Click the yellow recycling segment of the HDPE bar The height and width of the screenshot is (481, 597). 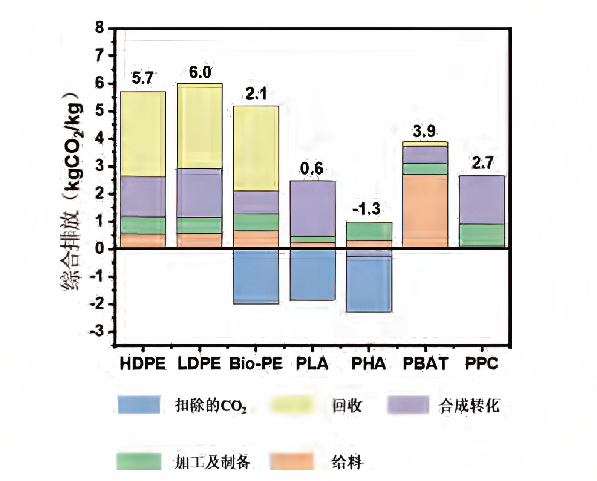coord(143,134)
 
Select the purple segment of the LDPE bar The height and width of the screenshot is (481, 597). coord(199,193)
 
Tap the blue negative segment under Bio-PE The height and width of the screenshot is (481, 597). coord(256,276)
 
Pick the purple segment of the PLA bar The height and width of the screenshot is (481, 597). coord(312,208)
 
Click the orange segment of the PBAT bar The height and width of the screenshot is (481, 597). coord(425,210)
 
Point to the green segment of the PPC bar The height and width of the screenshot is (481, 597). coord(482,235)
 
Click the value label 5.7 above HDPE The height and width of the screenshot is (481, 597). coord(142,78)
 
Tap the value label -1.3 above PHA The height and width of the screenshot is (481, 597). coord(366,209)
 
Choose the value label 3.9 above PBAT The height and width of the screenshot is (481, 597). coord(424,131)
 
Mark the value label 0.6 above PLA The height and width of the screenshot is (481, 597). coord(311,169)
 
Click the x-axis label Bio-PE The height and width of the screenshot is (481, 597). coord(256,364)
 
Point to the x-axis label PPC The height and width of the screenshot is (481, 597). coord(481,363)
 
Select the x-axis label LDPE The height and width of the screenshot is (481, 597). coord(199,364)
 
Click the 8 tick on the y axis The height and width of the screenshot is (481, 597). coord(99,28)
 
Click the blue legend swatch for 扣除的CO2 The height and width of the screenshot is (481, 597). coord(139,405)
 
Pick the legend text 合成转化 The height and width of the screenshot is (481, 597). coord(469,406)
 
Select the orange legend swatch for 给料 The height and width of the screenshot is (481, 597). coord(292,461)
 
